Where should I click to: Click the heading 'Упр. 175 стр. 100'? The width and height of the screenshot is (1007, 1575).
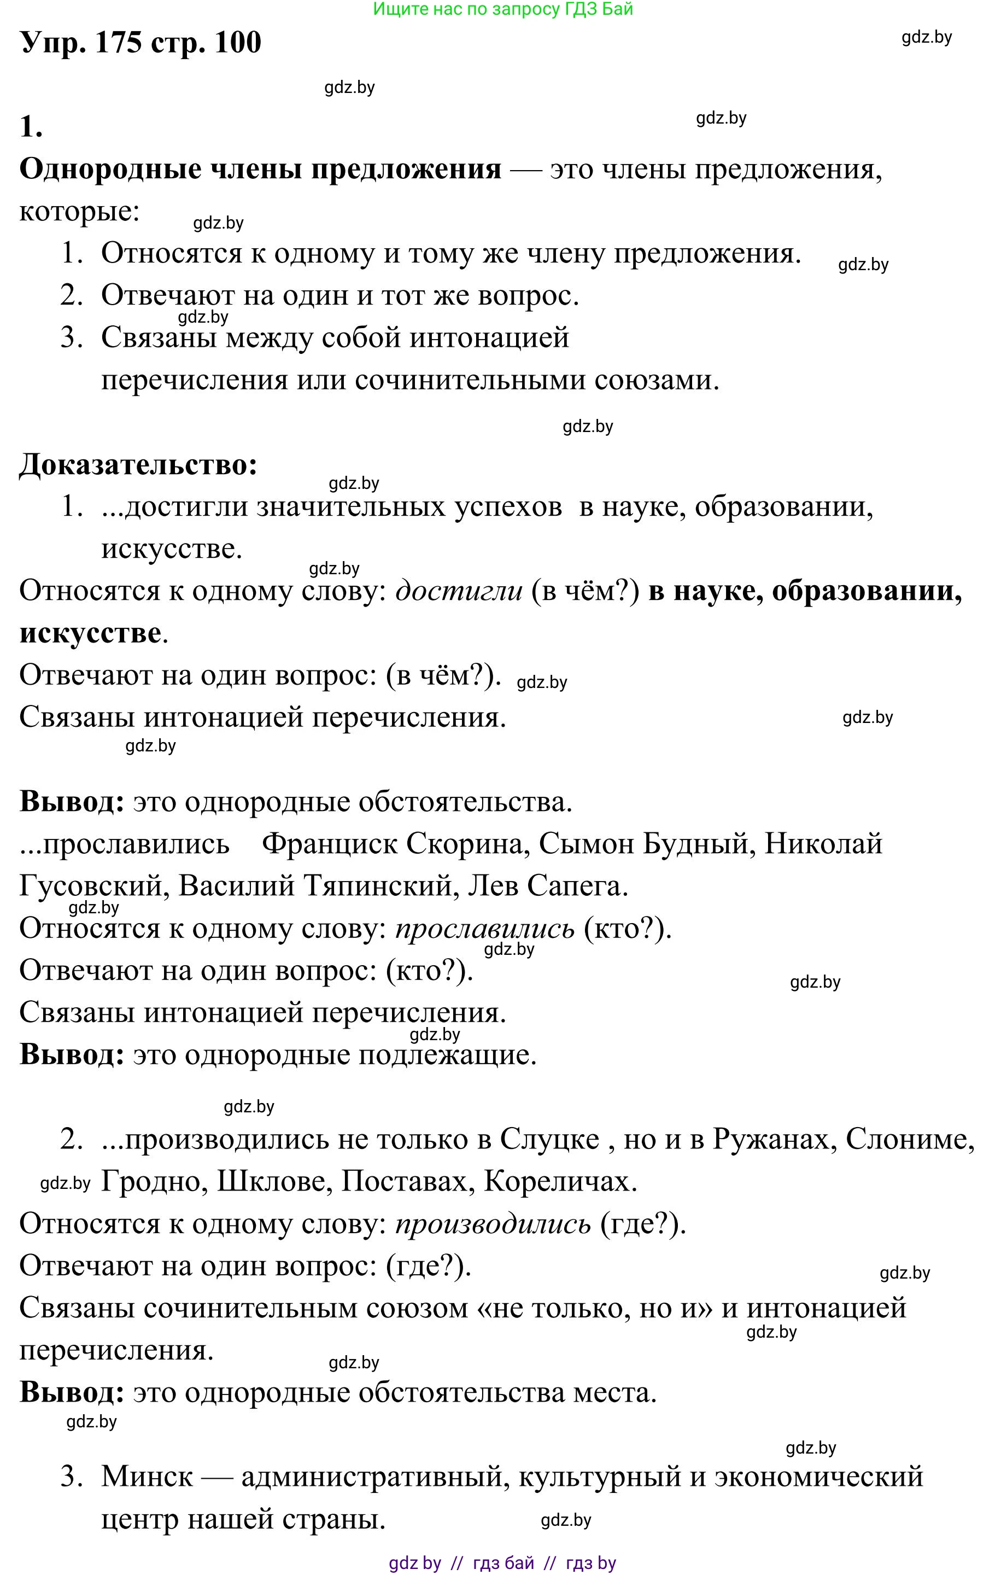141,43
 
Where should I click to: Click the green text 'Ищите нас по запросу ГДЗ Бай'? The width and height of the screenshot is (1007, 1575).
502,9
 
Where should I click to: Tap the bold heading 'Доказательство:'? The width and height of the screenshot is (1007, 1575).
138,465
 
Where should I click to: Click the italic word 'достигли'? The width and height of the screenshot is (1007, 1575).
459,591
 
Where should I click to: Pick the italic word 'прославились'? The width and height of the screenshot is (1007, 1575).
484,928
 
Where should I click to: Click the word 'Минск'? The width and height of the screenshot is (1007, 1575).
147,1477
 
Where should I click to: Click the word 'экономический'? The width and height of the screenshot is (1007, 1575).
819,1477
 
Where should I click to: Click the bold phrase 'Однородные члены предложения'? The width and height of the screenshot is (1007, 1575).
260,170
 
